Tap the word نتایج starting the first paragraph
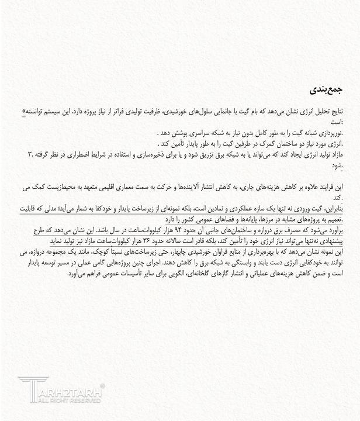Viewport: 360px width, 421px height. click(x=334, y=111)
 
